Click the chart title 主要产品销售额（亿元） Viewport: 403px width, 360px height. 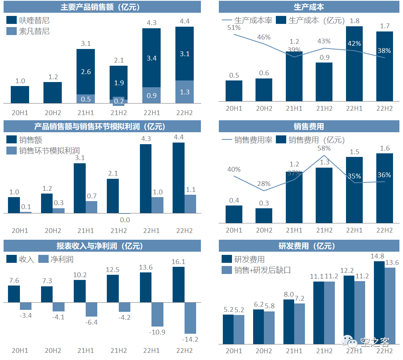coord(100,7)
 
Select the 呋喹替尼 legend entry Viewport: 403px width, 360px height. coord(28,20)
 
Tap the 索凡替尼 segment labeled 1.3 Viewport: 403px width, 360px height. coord(185,92)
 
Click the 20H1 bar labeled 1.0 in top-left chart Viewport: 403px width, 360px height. coord(20,94)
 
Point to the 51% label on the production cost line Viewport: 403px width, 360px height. coord(234,27)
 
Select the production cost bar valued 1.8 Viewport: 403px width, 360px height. coord(354,64)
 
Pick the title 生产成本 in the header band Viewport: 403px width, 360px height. coord(309,7)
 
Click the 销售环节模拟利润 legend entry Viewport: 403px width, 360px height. coord(43,151)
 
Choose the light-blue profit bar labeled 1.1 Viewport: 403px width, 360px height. coord(191,204)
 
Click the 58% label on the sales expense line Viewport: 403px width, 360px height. coord(324,148)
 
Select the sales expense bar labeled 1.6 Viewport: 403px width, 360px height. coord(384,188)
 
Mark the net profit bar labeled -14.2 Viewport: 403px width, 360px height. coord(191,318)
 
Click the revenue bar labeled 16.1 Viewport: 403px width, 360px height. coord(179,284)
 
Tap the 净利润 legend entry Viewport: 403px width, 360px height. coord(56,259)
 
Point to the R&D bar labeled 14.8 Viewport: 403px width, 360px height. coord(379,302)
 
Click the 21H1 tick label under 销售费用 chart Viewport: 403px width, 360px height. coord(294,230)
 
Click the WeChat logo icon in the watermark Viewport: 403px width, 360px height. coord(349,341)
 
